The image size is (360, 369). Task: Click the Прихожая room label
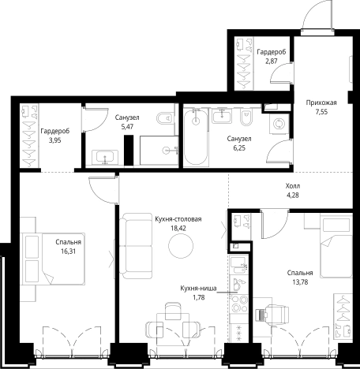(321, 102)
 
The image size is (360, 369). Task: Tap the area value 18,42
(178, 228)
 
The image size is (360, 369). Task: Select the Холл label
(293, 186)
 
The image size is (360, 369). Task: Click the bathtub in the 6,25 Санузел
(196, 137)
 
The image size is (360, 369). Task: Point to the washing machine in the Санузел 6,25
(279, 124)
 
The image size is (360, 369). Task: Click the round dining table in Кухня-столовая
(181, 246)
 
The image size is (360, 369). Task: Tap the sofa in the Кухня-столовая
(136, 246)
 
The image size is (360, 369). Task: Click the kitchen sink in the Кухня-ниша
(239, 266)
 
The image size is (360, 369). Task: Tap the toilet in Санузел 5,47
(165, 118)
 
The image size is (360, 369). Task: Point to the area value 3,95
(54, 140)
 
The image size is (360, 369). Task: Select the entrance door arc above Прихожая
(316, 14)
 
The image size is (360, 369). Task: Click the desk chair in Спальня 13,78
(276, 315)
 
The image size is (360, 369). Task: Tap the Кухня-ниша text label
(198, 289)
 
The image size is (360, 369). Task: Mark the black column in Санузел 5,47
(129, 150)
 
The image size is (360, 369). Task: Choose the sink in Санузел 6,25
(223, 115)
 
